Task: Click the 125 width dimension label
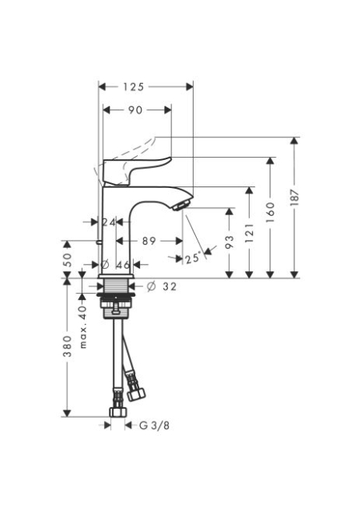click(x=134, y=87)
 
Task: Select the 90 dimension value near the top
click(x=135, y=110)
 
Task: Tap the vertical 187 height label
click(x=294, y=198)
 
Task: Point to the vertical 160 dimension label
click(x=270, y=212)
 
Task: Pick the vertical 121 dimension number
click(x=250, y=233)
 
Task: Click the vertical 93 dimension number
click(x=230, y=242)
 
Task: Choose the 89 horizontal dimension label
click(x=149, y=241)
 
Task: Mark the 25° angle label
click(x=193, y=258)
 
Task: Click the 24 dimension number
click(x=109, y=222)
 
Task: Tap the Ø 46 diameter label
click(x=115, y=265)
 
